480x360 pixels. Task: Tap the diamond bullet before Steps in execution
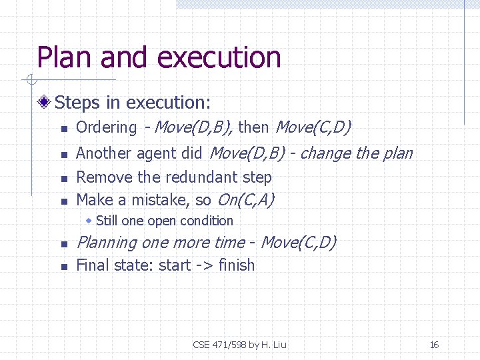(x=45, y=103)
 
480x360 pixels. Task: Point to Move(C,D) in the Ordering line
(x=313, y=127)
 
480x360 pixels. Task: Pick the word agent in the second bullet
(x=158, y=154)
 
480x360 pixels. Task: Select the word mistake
(x=149, y=200)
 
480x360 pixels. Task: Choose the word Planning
(x=106, y=243)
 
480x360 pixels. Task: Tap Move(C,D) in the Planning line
(x=298, y=243)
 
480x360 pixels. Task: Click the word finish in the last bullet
(x=237, y=265)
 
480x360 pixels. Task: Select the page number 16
(x=434, y=345)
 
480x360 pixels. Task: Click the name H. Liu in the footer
(x=274, y=345)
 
